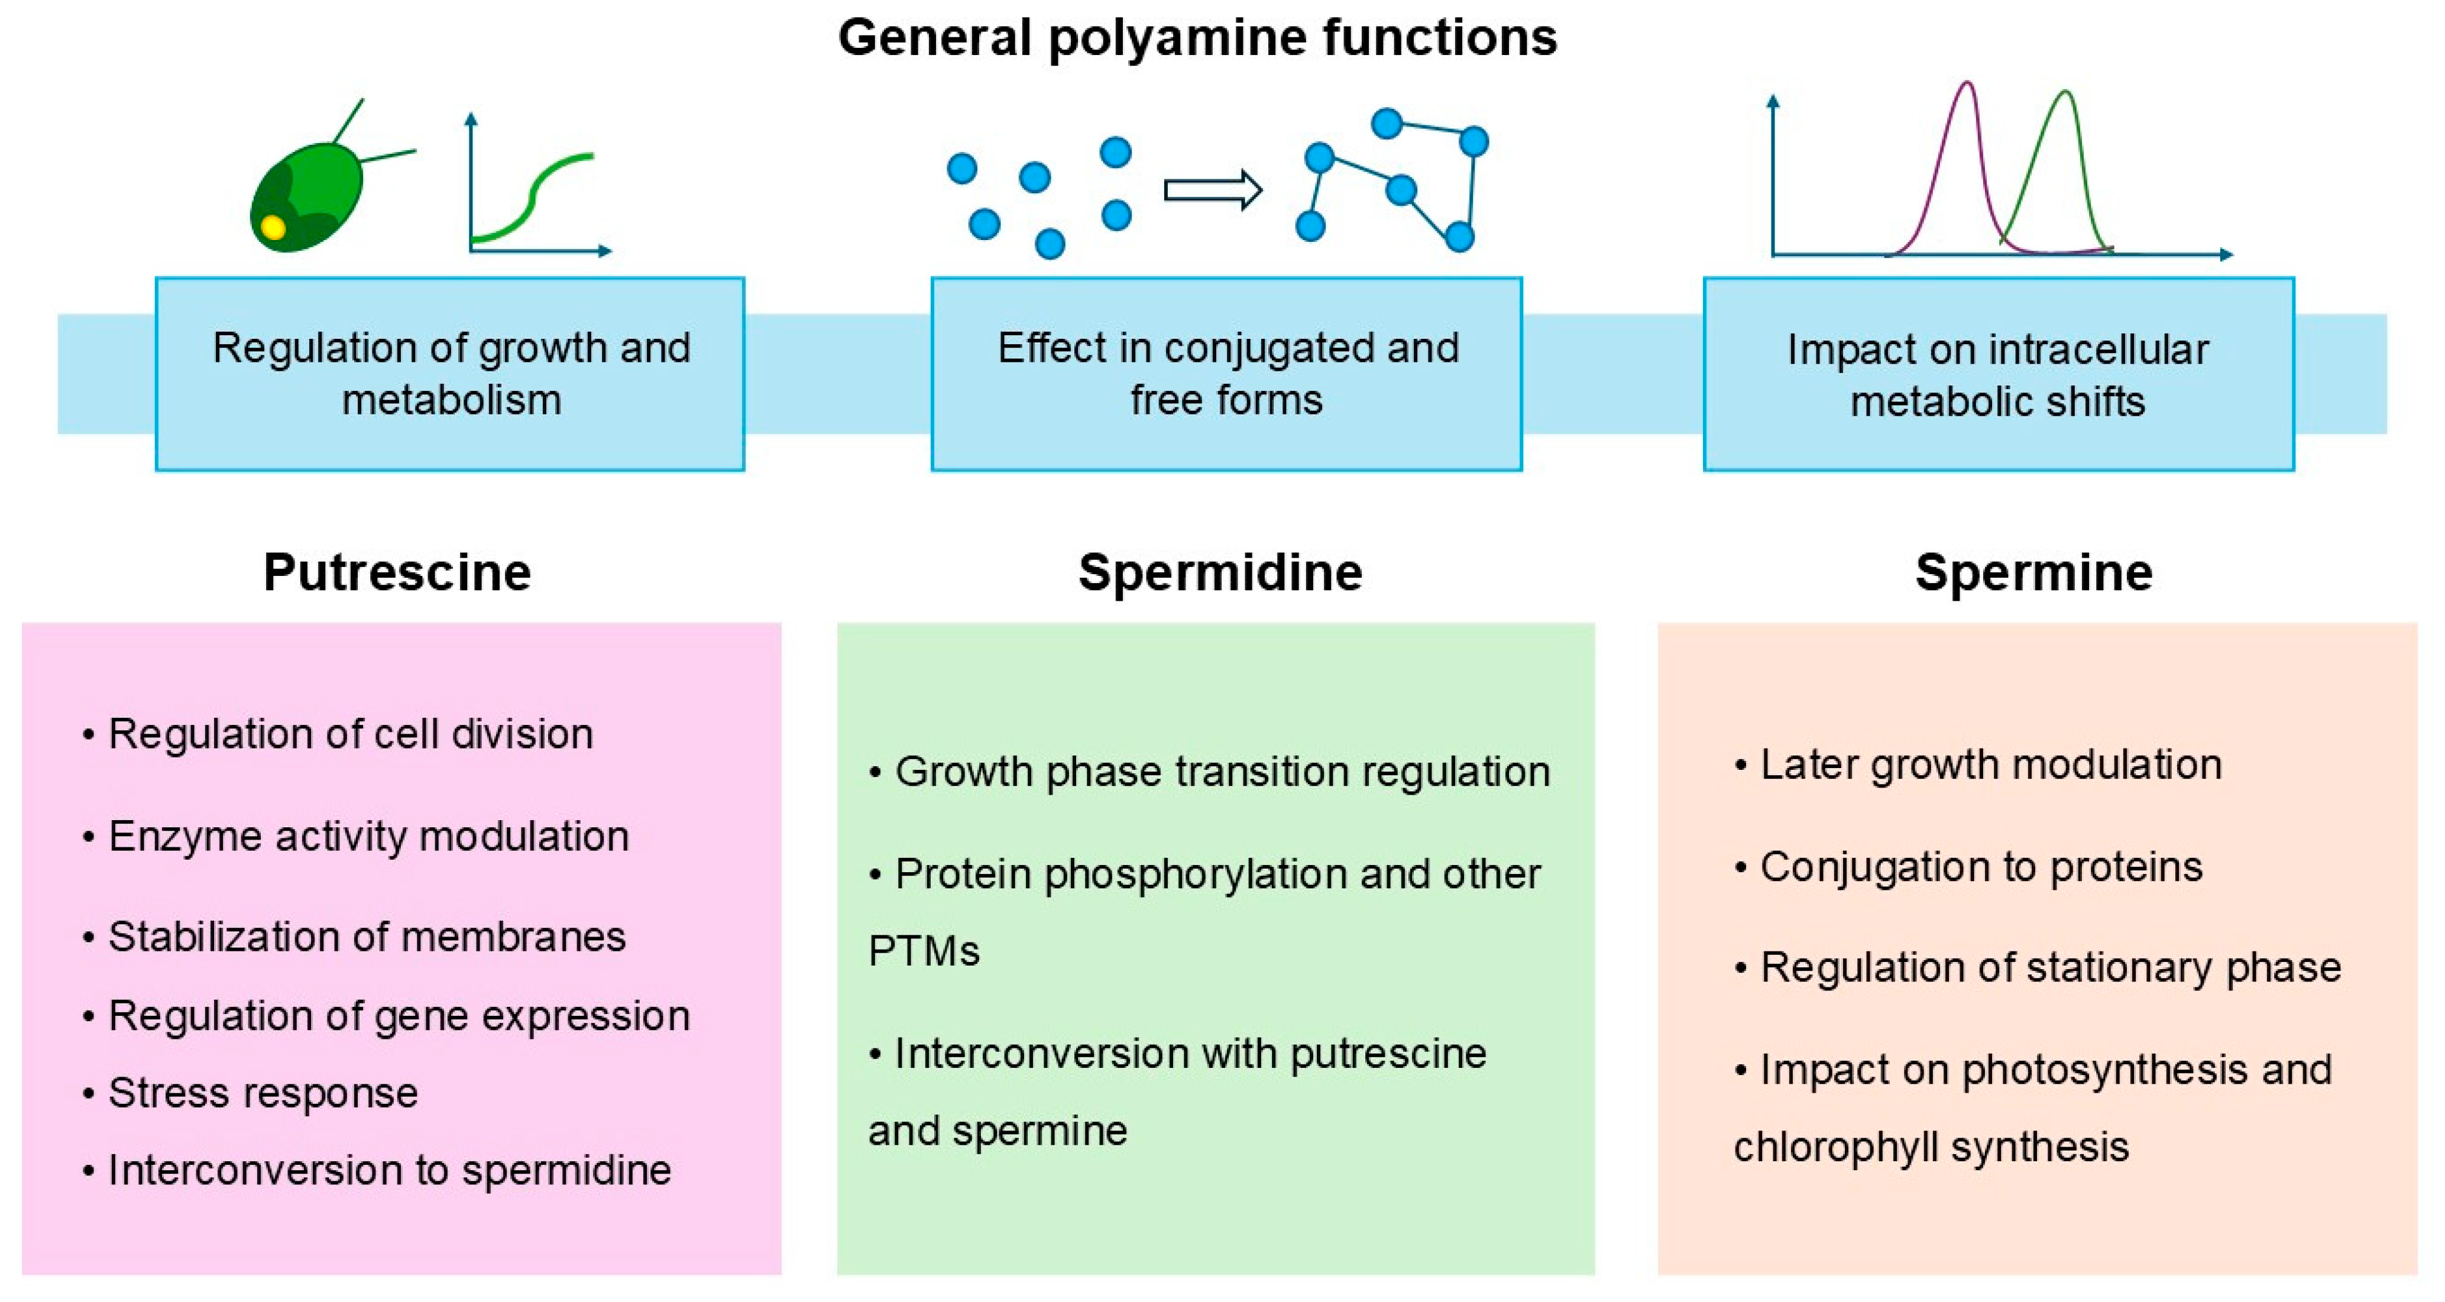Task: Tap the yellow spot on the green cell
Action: (x=273, y=228)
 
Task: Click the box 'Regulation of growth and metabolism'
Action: (x=450, y=374)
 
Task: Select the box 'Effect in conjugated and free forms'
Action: (x=1226, y=374)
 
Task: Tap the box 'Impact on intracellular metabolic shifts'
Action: (x=1998, y=374)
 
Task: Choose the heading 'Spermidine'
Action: (x=1220, y=572)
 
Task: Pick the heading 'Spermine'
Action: (x=2033, y=572)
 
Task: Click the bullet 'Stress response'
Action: (x=263, y=1093)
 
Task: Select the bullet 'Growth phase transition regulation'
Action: (x=1222, y=772)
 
